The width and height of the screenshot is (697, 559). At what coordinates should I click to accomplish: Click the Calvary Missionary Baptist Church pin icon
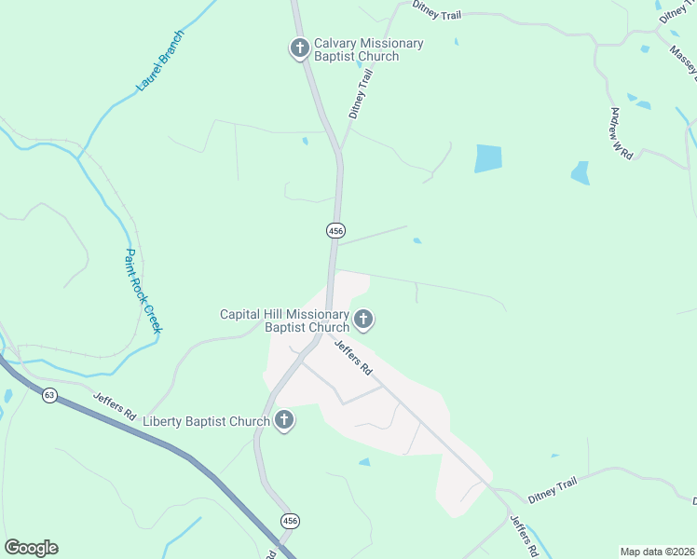(x=299, y=48)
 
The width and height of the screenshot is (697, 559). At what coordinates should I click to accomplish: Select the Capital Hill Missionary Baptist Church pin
(x=363, y=320)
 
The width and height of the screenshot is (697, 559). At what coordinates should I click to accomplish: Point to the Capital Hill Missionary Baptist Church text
(x=284, y=320)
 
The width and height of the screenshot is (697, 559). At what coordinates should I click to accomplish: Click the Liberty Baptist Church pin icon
(x=284, y=421)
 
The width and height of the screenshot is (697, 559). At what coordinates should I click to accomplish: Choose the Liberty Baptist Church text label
(x=206, y=422)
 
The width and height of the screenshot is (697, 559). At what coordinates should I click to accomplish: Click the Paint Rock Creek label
(x=143, y=291)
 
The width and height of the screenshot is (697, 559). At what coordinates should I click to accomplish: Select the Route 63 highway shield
(x=49, y=396)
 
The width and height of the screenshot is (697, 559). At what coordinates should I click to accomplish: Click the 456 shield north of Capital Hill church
(x=336, y=230)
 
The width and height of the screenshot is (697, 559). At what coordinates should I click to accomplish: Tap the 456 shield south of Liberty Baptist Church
(x=291, y=521)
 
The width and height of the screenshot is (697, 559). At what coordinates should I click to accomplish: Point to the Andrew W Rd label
(x=622, y=133)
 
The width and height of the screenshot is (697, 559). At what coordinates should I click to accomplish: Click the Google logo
(x=31, y=548)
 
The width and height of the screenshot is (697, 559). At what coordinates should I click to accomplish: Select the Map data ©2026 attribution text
(x=656, y=552)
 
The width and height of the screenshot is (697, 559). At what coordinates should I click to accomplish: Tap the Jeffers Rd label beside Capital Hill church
(x=353, y=357)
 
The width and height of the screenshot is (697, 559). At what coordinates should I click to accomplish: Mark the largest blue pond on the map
(x=487, y=157)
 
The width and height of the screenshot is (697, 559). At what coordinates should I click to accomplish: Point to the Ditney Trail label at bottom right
(x=553, y=485)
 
